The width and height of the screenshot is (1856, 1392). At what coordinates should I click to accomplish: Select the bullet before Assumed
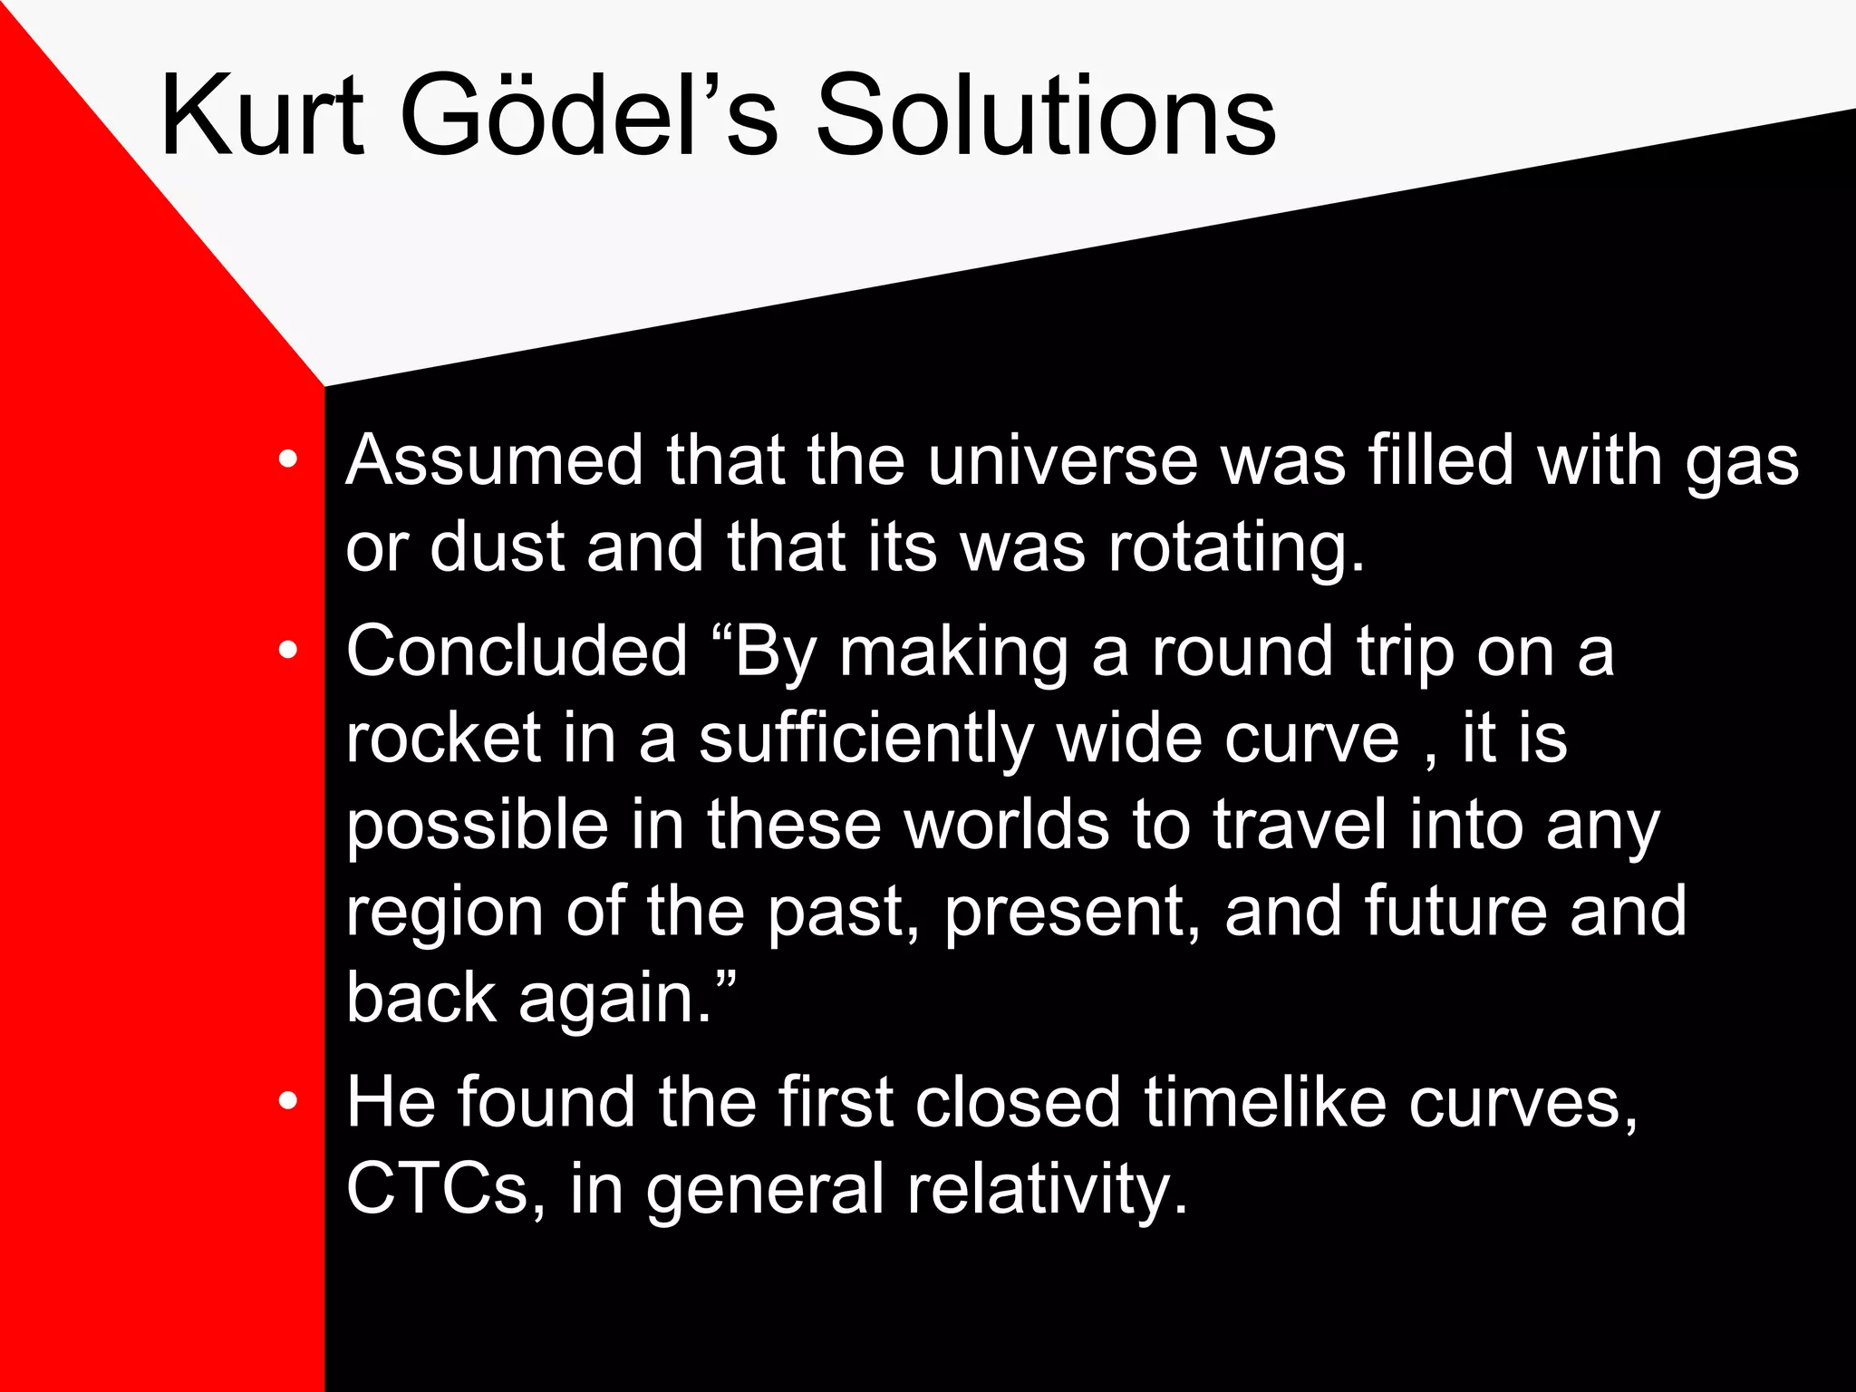tap(288, 459)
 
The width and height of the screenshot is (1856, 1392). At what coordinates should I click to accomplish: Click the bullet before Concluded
tap(288, 650)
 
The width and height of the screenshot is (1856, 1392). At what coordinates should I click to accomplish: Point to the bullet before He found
tap(288, 1101)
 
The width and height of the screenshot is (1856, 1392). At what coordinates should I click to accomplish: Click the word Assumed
tap(495, 460)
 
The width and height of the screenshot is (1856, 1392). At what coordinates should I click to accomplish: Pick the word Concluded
tap(517, 652)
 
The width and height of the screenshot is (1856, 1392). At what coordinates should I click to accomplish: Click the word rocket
tap(443, 738)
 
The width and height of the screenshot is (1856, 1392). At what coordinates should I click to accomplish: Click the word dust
tap(498, 547)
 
